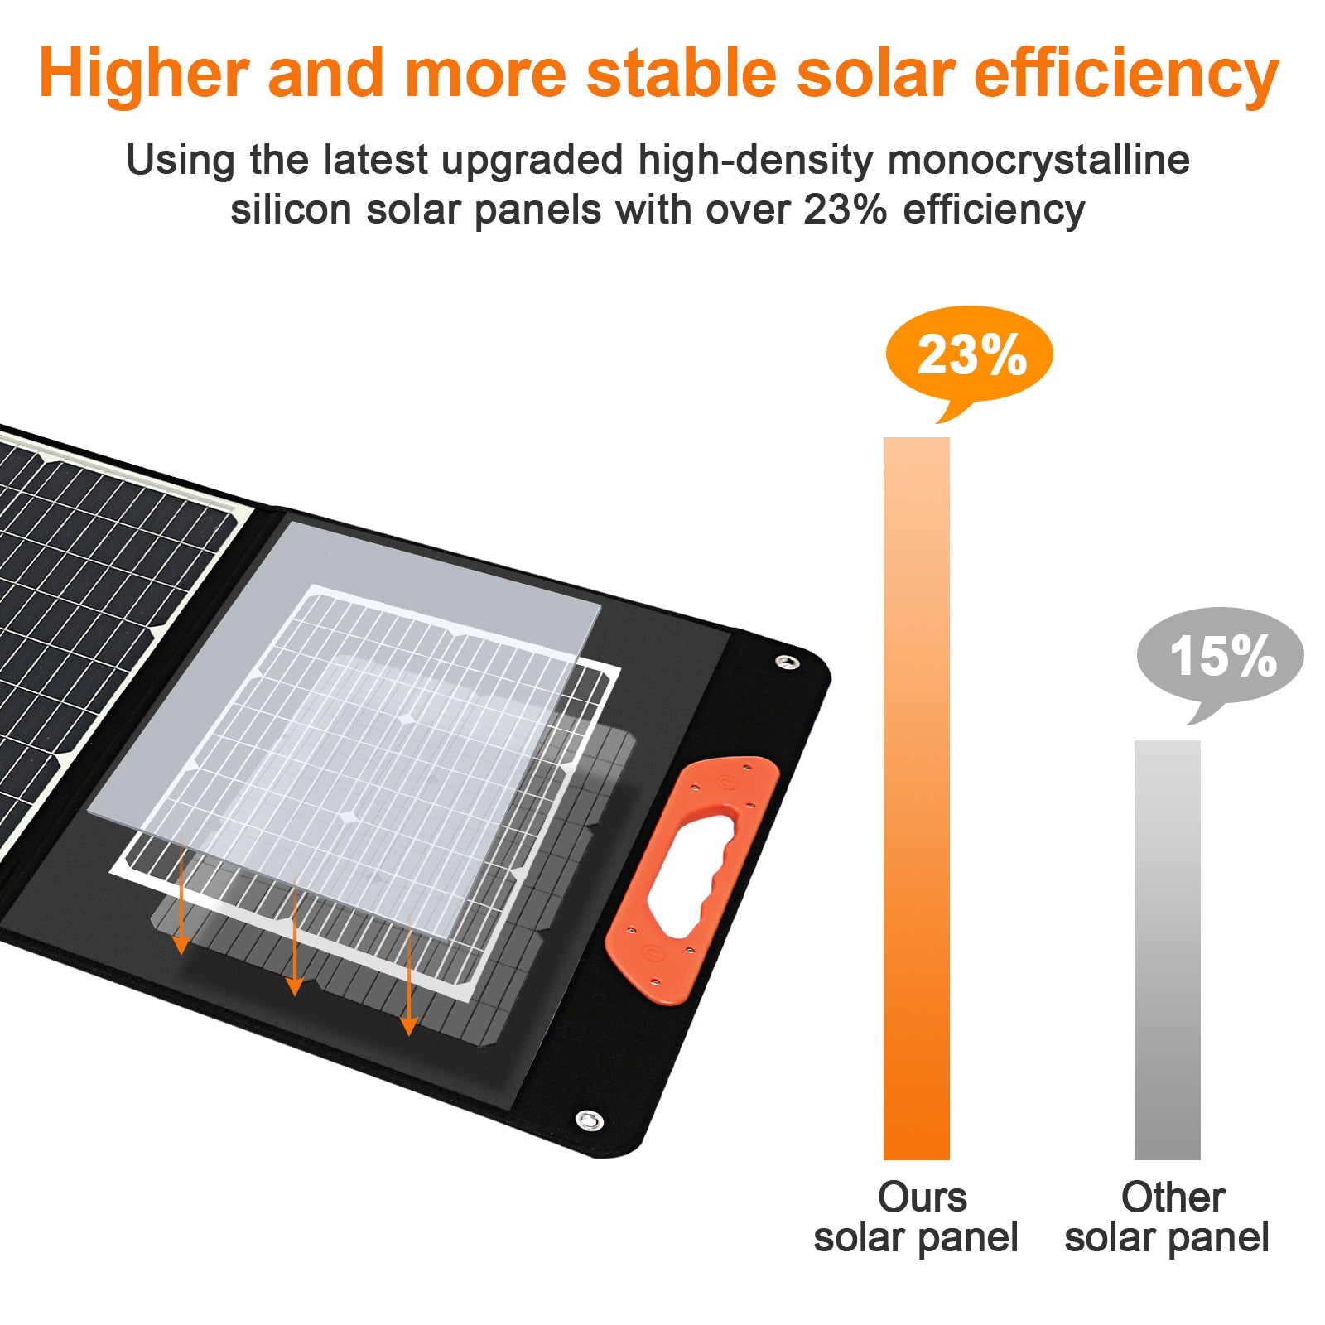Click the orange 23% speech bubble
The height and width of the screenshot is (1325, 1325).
point(969,356)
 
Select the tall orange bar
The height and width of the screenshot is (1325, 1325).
point(917,798)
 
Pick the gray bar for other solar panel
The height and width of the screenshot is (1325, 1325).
point(1168,950)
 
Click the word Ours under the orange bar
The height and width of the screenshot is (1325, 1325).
point(922,1197)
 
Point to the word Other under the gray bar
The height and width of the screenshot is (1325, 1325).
point(1173,1197)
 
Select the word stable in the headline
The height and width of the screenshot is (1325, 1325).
point(682,73)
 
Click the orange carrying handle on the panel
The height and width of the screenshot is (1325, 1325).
point(692,880)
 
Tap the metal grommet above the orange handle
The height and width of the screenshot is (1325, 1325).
point(787,662)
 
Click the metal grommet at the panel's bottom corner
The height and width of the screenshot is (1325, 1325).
point(589,1121)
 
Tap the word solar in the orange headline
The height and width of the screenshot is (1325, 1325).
point(875,73)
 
